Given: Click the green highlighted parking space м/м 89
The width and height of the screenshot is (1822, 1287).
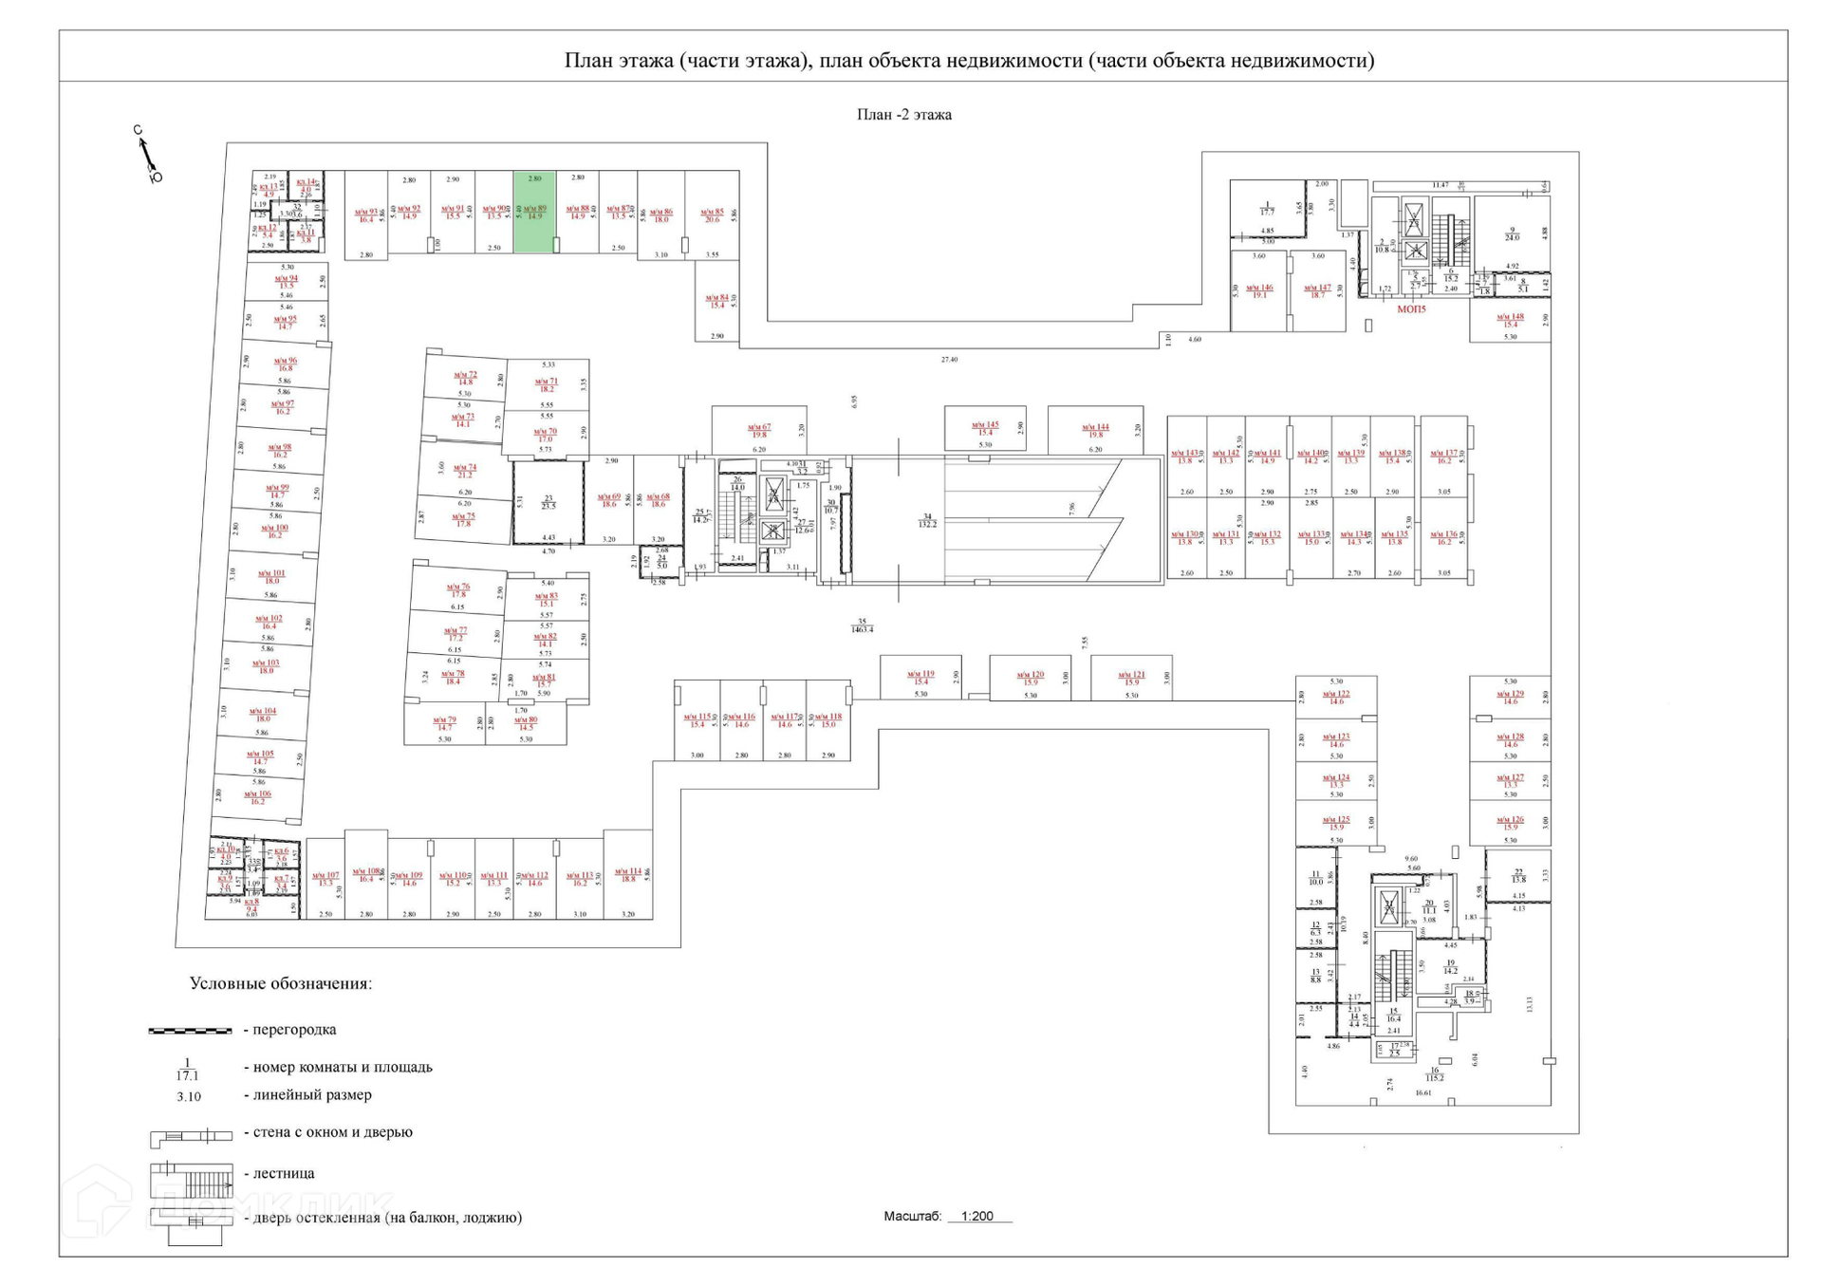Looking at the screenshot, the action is (x=534, y=212).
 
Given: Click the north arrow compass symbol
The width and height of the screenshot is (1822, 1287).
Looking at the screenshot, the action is (x=147, y=154).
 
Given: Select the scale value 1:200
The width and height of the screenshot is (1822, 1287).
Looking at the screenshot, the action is (x=976, y=1216).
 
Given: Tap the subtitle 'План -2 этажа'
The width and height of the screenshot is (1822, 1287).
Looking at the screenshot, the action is (x=903, y=115).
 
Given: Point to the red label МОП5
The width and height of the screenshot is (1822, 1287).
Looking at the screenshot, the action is (x=1411, y=309).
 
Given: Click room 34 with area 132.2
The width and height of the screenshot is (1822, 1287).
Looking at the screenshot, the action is (x=927, y=520).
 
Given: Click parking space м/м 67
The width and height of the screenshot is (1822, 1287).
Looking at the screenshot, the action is (x=759, y=431).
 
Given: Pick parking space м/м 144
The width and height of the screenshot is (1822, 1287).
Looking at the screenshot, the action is (x=1096, y=431).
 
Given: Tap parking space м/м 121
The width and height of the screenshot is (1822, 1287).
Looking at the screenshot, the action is (x=1131, y=678).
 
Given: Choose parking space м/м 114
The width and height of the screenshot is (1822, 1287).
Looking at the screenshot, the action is (x=627, y=874).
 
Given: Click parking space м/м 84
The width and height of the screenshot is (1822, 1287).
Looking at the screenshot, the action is (x=716, y=301).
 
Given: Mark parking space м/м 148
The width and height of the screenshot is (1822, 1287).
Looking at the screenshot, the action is (x=1510, y=320).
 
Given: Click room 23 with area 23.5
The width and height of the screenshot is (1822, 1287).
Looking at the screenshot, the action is (x=548, y=502).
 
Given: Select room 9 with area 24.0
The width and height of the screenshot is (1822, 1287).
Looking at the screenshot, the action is (x=1512, y=233).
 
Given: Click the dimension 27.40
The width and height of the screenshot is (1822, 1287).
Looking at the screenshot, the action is (x=949, y=360).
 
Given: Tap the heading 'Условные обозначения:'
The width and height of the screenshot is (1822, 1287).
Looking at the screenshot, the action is (x=280, y=983).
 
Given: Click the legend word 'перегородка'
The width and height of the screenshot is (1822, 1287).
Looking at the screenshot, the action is (x=294, y=1030).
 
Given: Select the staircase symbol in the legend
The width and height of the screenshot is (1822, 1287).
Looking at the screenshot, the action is (x=191, y=1180).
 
